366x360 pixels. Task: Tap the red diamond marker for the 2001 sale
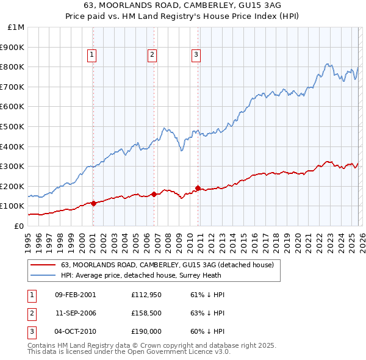[x=93, y=204]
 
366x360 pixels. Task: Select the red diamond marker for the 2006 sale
[x=154, y=194]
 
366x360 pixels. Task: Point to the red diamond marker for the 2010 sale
[x=198, y=188]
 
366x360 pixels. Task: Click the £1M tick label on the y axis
[x=16, y=27]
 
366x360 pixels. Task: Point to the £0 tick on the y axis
[x=18, y=226]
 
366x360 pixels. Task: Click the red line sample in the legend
[x=43, y=265]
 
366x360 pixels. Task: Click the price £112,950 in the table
[x=145, y=295]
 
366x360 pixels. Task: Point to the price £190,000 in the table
[x=145, y=331]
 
